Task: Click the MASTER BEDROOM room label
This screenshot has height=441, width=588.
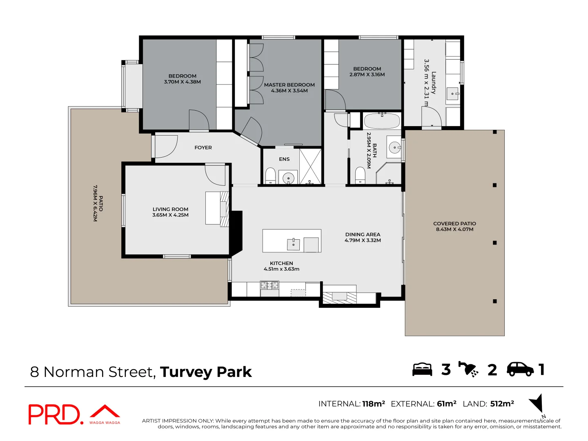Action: (x=290, y=85)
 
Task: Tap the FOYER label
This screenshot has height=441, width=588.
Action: (x=203, y=147)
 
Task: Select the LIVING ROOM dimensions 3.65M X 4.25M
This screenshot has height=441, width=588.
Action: (x=170, y=215)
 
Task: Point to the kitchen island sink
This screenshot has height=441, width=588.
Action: (x=293, y=244)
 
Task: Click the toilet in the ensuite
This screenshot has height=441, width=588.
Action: (x=270, y=176)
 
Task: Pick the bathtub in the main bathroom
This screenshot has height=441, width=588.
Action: (x=382, y=121)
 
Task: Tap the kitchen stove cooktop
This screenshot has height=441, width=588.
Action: (x=269, y=285)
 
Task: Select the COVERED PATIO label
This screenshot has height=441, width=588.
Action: (x=454, y=224)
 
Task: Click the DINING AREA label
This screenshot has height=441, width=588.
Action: (x=363, y=234)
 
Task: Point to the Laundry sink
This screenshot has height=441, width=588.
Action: (x=452, y=94)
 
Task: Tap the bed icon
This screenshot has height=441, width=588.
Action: (x=422, y=370)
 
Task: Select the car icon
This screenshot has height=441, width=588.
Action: (x=520, y=370)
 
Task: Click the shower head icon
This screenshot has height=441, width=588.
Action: (x=468, y=369)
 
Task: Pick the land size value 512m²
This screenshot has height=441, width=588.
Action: (x=502, y=403)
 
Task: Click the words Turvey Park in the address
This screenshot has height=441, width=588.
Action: (x=206, y=372)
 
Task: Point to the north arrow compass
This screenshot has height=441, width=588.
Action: (x=537, y=404)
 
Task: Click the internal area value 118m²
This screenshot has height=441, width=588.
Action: (x=374, y=403)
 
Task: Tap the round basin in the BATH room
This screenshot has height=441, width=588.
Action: (x=394, y=147)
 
